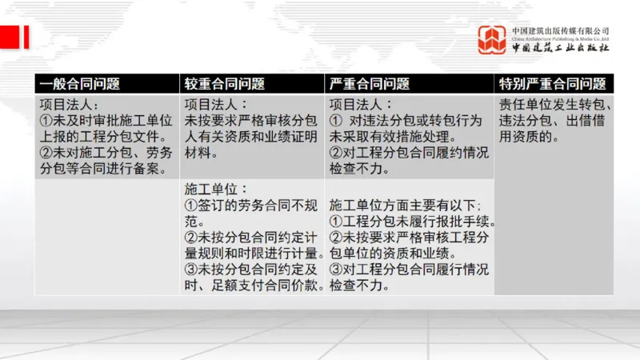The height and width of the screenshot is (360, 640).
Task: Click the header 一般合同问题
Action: tap(80, 84)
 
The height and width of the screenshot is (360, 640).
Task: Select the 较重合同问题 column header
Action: tap(225, 84)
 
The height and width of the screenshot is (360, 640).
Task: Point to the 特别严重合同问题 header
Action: tap(552, 84)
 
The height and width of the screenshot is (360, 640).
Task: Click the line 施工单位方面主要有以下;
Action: tap(405, 205)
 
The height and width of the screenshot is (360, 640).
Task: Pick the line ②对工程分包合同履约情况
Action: tap(409, 152)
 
